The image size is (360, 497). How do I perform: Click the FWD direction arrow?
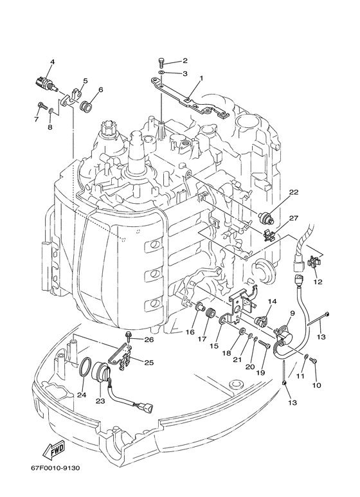pyautogui.click(x=54, y=450)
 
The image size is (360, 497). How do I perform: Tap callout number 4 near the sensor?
pyautogui.click(x=53, y=62)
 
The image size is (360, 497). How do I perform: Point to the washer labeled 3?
pyautogui.click(x=161, y=74)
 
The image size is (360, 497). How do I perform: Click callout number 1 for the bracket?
pyautogui.click(x=201, y=78)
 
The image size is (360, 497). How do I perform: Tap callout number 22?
pyautogui.click(x=294, y=192)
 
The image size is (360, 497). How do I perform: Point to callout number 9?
pyautogui.click(x=292, y=313)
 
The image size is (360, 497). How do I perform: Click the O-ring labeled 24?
pyautogui.click(x=85, y=367)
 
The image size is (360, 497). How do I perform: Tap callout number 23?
pyautogui.click(x=100, y=401)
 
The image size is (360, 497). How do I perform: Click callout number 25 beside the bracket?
pyautogui.click(x=149, y=362)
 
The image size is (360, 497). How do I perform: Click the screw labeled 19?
pyautogui.click(x=264, y=344)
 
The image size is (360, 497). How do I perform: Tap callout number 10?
pyautogui.click(x=316, y=385)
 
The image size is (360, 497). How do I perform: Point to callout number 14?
pyautogui.click(x=272, y=301)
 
